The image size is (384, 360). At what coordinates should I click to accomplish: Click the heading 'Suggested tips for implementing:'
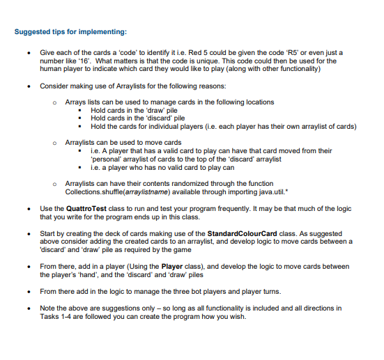pyautogui.click(x=70, y=32)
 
